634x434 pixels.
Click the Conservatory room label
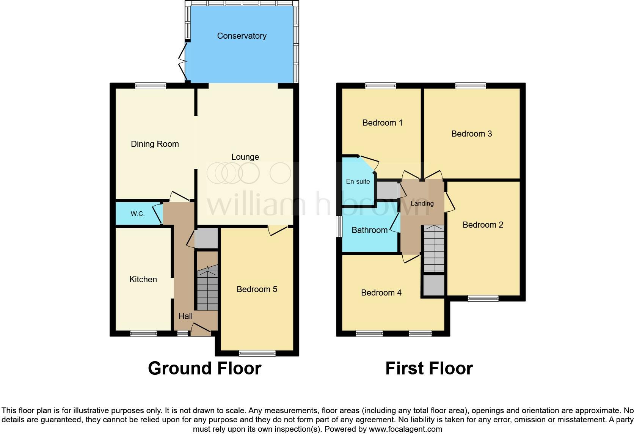click(x=242, y=36)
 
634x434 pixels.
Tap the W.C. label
click(x=137, y=214)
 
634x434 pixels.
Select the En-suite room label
click(x=358, y=181)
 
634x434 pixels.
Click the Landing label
click(x=422, y=203)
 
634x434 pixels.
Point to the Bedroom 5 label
click(x=257, y=289)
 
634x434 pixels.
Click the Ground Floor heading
click(x=204, y=368)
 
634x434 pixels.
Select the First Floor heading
click(x=429, y=368)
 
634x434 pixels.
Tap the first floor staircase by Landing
click(x=433, y=248)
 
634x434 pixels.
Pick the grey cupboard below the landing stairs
click(x=433, y=285)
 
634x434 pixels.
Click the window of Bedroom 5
click(x=257, y=354)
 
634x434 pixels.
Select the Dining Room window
click(x=151, y=86)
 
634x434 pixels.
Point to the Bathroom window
click(x=339, y=227)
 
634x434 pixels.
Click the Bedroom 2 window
click(x=483, y=298)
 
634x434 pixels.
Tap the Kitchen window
click(x=143, y=334)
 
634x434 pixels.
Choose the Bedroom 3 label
click(x=471, y=134)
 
